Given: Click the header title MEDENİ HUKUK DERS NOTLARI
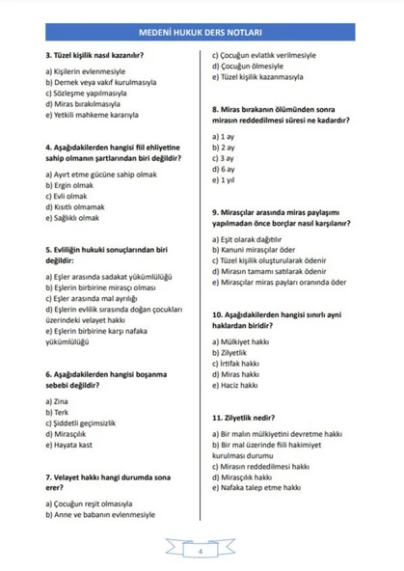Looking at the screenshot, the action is (202, 32).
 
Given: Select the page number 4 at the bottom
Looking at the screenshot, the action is (201, 552).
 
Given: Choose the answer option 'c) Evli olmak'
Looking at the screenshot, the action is (67, 196).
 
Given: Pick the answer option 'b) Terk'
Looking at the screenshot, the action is (57, 411).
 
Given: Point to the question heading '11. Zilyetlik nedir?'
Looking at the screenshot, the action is (249, 418).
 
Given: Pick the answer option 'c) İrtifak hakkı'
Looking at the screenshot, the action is (242, 364).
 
